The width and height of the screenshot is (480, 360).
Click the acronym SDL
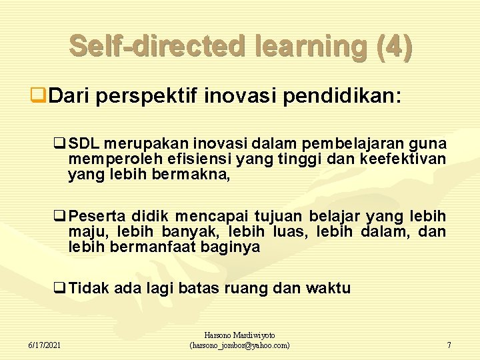tap(83, 145)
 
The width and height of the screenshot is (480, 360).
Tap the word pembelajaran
tap(354, 145)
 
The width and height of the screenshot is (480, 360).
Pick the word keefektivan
tap(403, 160)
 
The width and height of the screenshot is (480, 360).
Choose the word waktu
tap(328, 289)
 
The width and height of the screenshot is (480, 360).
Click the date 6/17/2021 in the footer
tap(46, 345)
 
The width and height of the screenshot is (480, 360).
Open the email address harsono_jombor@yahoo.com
tap(240, 345)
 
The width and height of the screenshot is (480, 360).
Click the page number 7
tap(449, 345)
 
